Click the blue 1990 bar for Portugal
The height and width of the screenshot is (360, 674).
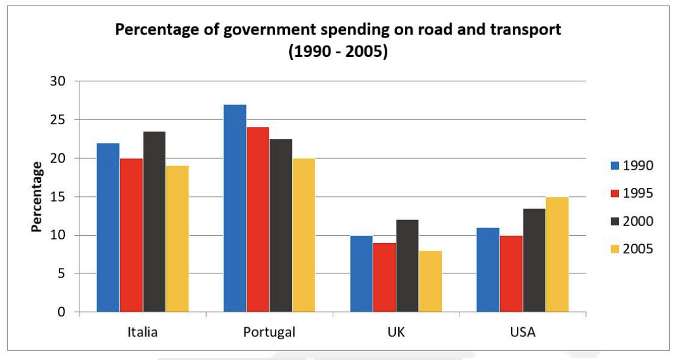(235, 208)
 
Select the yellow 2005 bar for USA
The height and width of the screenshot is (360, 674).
(557, 255)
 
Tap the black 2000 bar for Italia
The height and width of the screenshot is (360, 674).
(154, 222)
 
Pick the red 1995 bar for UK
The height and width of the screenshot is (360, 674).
(384, 278)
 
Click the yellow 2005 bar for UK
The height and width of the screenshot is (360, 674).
(430, 281)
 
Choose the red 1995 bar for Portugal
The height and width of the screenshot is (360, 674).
(258, 219)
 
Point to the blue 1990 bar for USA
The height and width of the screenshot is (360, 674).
(488, 270)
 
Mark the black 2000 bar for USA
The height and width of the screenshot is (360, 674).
(534, 261)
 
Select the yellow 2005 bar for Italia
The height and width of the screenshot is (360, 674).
(177, 239)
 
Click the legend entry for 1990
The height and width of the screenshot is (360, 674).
(631, 165)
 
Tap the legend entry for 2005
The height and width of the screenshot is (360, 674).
(631, 249)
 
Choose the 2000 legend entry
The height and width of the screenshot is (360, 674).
(631, 221)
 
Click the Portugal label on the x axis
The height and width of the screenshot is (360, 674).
(269, 332)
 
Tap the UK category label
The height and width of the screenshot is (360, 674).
(396, 332)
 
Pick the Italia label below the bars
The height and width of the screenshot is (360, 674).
(142, 332)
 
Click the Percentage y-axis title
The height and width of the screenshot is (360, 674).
(37, 197)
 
